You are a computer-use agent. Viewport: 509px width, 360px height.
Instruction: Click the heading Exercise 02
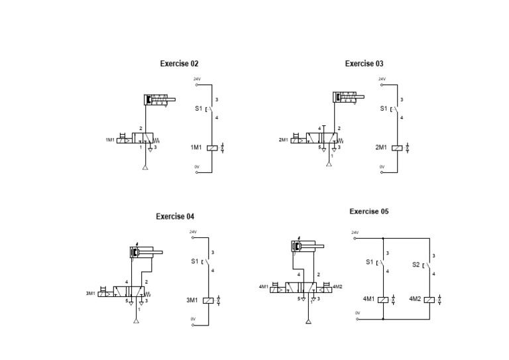point(179,64)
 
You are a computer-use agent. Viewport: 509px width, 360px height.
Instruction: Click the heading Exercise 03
point(364,64)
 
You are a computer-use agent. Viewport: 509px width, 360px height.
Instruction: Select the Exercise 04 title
point(175,216)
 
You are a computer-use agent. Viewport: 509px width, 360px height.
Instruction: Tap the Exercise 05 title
point(369,211)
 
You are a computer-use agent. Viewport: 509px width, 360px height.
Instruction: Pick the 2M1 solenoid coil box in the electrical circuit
point(397,148)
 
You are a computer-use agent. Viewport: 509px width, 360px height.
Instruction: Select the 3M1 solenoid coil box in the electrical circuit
point(208,300)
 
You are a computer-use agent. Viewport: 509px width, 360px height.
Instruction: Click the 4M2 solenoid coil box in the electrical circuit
point(429,300)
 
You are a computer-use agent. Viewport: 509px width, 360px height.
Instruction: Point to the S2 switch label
point(416,264)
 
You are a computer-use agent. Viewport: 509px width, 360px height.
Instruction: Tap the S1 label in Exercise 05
point(370,262)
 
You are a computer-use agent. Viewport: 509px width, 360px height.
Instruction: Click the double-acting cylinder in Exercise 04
point(142,252)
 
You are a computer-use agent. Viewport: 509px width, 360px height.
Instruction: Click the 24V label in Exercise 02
point(197,79)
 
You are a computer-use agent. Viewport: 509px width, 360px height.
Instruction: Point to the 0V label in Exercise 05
point(357,313)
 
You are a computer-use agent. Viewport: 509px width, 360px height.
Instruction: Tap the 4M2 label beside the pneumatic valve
point(337,287)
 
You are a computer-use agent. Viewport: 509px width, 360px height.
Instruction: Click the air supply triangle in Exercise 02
point(144,166)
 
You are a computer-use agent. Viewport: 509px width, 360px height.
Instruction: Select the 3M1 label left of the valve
point(91,292)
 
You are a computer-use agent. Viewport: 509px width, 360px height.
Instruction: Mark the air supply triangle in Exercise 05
point(308,322)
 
